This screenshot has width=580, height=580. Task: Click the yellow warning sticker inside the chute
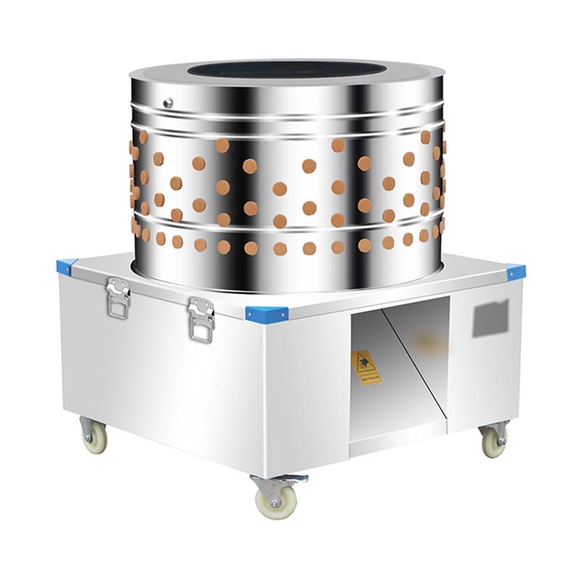366,368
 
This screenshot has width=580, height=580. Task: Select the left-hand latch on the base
117,298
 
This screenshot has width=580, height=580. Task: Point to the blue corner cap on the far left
66,266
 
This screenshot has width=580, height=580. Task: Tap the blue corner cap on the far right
515,273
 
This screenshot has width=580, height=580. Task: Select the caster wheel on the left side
94,437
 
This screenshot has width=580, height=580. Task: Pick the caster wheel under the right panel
494,441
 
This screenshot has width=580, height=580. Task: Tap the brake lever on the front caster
297,479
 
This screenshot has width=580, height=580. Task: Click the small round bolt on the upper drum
168,103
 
